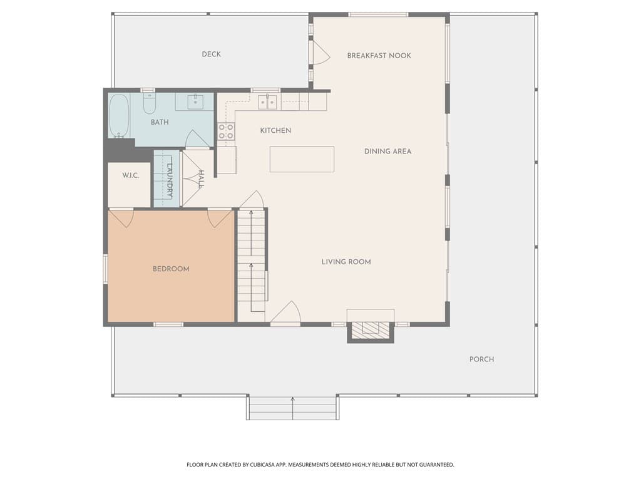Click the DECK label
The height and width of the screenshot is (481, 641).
(212, 54)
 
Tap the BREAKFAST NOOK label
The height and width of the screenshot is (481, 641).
(379, 56)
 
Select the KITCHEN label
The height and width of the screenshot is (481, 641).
(275, 130)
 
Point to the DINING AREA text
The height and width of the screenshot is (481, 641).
(387, 152)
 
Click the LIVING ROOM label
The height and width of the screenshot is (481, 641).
(346, 262)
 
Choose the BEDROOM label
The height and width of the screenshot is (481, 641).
(171, 269)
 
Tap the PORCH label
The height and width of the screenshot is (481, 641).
(481, 359)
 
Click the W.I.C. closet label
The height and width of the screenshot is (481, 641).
(130, 175)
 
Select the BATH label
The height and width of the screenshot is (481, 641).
(160, 122)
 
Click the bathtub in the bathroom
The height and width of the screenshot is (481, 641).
(119, 116)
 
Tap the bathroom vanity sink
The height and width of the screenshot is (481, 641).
(195, 101)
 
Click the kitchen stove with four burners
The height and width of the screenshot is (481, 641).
(226, 132)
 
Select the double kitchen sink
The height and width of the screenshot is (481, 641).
(267, 102)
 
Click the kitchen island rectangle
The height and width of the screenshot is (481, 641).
(302, 159)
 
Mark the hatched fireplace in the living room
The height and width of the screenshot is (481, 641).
(371, 329)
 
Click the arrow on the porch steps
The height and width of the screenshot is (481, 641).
(293, 408)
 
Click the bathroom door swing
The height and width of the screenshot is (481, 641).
(197, 139)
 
